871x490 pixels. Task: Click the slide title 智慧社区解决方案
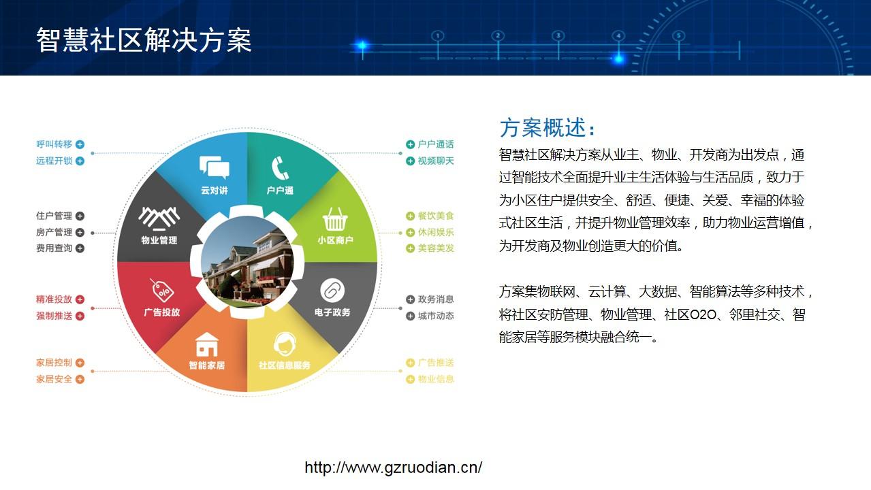[x=144, y=40]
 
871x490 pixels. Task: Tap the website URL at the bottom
[x=393, y=468]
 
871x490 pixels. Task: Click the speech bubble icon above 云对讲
[x=215, y=167]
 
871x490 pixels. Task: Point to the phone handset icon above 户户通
[x=280, y=168]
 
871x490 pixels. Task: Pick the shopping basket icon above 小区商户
[x=335, y=219]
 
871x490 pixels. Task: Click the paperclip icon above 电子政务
[x=332, y=291]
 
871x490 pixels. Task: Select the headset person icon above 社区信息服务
[x=285, y=344]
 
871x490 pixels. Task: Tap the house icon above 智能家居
[x=206, y=344]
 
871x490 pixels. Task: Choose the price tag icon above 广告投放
[x=162, y=291]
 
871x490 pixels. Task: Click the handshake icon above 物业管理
[x=159, y=218]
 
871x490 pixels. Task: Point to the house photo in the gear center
[x=247, y=261]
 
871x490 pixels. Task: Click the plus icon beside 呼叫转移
[x=80, y=144]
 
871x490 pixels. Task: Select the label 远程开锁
[x=54, y=161]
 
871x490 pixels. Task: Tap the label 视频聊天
[x=436, y=161]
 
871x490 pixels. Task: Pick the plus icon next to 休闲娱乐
[x=410, y=232]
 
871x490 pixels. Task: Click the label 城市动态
[x=436, y=316]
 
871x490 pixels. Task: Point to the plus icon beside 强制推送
[x=80, y=316]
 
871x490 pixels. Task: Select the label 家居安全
[x=54, y=379]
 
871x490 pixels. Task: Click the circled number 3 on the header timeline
[x=558, y=36]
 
